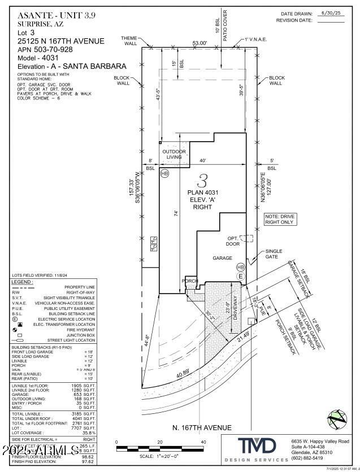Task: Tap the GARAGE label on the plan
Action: (x=222, y=258)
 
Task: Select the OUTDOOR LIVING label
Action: (x=174, y=154)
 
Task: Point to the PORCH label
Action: (x=189, y=281)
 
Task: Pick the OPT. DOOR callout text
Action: (x=233, y=241)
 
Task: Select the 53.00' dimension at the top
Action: (x=199, y=43)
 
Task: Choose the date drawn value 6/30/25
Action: (x=328, y=12)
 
